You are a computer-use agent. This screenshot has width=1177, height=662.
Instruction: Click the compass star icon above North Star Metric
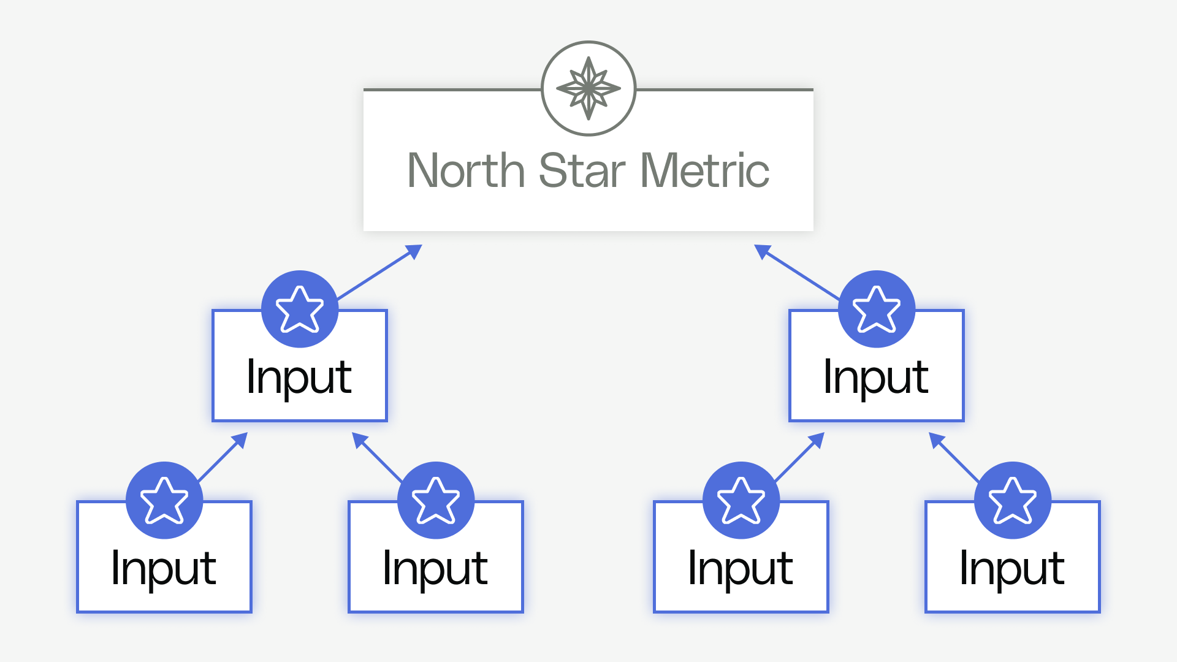coord(588,88)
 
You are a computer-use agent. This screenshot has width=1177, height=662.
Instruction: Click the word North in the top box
coord(466,171)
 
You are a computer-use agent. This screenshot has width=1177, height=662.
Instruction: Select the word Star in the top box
coord(582,171)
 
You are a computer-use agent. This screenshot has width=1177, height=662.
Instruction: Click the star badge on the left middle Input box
coord(300,309)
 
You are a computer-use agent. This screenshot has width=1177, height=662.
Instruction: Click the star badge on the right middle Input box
coord(877,309)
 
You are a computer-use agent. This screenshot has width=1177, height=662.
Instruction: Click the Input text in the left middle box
coord(299,378)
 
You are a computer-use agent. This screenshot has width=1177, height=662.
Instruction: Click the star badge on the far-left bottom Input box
coord(164,500)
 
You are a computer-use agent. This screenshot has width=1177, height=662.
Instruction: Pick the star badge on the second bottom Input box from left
coord(436,500)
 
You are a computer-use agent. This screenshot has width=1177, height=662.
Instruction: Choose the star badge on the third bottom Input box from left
coord(741,500)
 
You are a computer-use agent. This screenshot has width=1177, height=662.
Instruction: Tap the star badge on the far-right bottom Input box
coord(1013,500)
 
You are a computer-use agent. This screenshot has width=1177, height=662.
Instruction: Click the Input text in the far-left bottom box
coord(164,569)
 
